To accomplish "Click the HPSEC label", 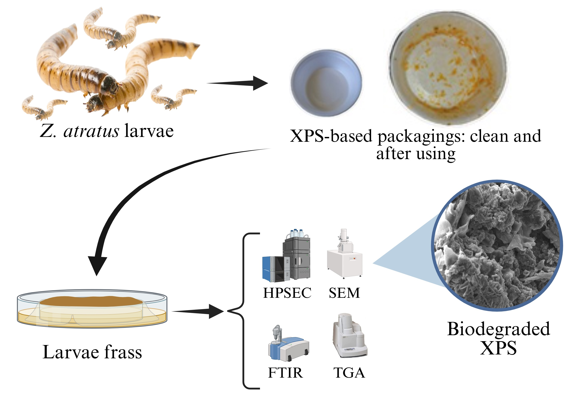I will [x=287, y=293].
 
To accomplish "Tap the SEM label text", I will [x=344, y=293].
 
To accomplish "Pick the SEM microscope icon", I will [x=345, y=255].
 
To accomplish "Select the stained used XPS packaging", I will [x=447, y=68].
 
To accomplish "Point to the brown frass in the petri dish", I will [x=91, y=301].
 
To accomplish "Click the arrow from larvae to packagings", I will [x=237, y=83].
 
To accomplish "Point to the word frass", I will [x=123, y=352].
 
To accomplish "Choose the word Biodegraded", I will [x=498, y=329].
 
